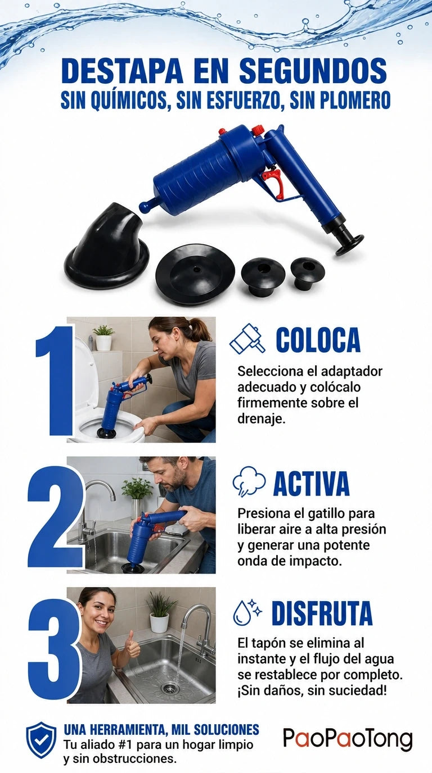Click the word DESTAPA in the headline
[x=122, y=71]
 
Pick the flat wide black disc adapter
[x=195, y=274]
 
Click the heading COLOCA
[x=318, y=340]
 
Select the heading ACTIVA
[x=311, y=483]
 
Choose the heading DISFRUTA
[x=322, y=613]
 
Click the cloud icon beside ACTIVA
[x=249, y=481]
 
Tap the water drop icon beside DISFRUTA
[x=247, y=613]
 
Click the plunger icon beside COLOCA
[x=247, y=339]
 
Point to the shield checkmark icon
[x=41, y=740]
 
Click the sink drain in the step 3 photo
[x=170, y=689]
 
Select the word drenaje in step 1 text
[x=261, y=419]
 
